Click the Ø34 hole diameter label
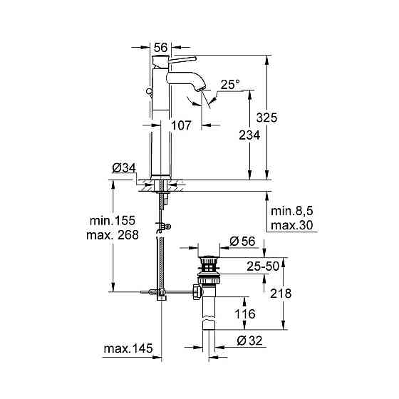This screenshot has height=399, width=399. pyautogui.click(x=124, y=169)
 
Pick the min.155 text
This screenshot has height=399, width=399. pyautogui.click(x=110, y=222)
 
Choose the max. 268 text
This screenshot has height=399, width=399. pyautogui.click(x=110, y=234)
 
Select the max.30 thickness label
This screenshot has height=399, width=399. pyautogui.click(x=291, y=226)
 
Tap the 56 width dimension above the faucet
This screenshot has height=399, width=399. pyautogui.click(x=161, y=47)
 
